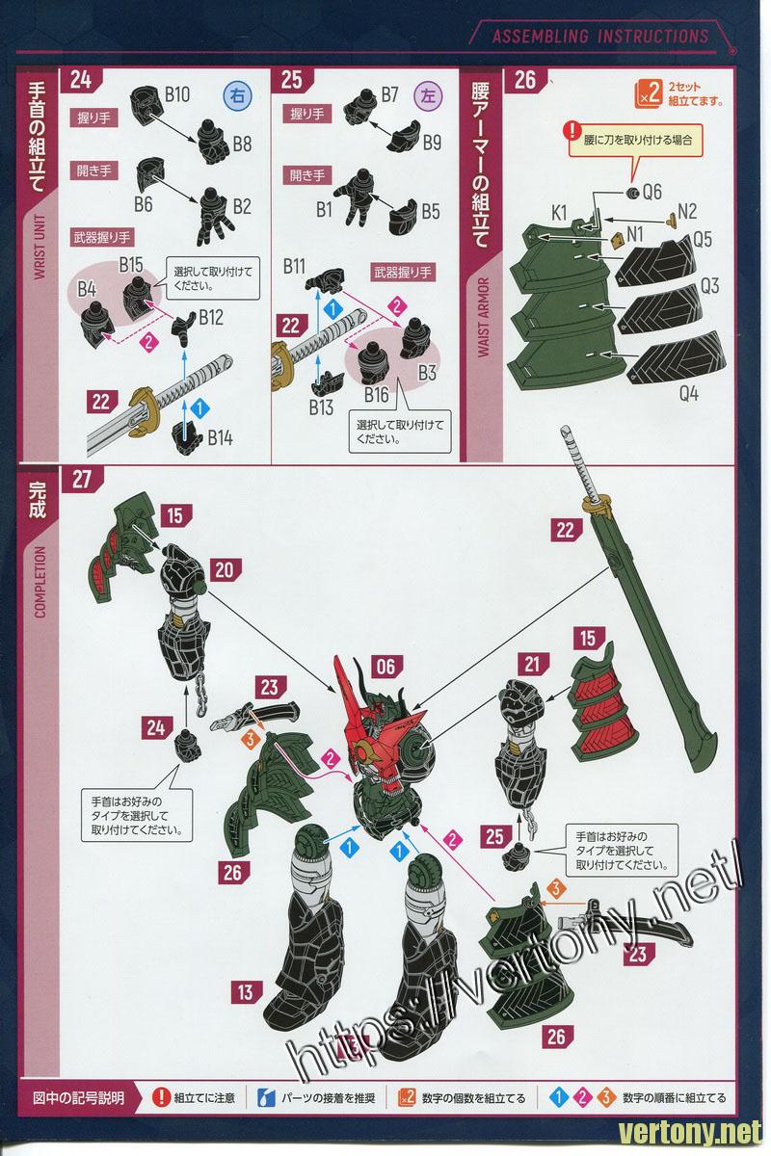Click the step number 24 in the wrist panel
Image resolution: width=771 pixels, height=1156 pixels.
click(81, 79)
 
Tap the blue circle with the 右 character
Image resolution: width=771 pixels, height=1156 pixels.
click(237, 95)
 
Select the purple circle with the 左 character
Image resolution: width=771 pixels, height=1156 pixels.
click(429, 95)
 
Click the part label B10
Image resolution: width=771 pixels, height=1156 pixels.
click(177, 94)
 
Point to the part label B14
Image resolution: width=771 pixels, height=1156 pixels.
click(221, 438)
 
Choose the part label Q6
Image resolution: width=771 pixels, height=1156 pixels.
click(652, 192)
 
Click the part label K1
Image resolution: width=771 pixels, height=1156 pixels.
click(559, 212)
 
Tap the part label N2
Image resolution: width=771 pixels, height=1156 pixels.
click(687, 211)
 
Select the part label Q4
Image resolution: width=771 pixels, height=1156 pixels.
click(689, 393)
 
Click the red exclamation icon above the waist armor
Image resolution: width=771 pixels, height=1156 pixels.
click(572, 131)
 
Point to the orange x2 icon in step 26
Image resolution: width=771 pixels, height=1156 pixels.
click(648, 93)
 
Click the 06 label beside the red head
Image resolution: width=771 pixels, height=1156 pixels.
click(386, 667)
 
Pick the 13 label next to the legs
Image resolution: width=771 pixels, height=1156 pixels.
click(246, 992)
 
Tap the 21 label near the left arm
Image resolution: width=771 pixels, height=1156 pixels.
click(531, 664)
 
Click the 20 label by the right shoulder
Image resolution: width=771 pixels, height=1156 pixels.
click(224, 570)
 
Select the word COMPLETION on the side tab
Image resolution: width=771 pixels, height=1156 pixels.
click(40, 582)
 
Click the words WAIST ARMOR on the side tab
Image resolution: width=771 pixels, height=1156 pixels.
click(484, 317)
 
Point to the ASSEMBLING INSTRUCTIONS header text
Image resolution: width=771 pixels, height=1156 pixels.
click(600, 37)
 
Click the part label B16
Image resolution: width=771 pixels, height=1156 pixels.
click(376, 395)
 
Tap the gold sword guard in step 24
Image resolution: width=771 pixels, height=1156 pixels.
click(143, 407)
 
